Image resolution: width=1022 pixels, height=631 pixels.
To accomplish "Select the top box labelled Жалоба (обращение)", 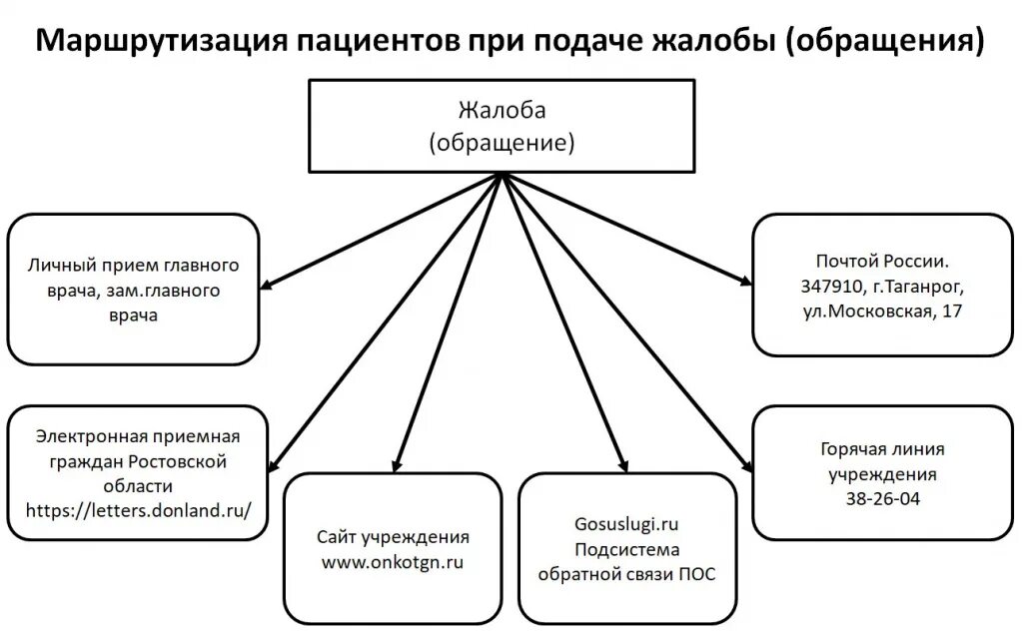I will coord(502,126).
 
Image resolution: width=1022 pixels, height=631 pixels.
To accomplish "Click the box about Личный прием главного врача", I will coord(133,290).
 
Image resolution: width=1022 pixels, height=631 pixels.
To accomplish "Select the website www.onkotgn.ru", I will coord(393,561).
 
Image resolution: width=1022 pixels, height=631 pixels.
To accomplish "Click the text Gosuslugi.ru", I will coord(626,523).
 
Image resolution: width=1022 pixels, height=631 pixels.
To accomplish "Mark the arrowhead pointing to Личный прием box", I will coord(268,287).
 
